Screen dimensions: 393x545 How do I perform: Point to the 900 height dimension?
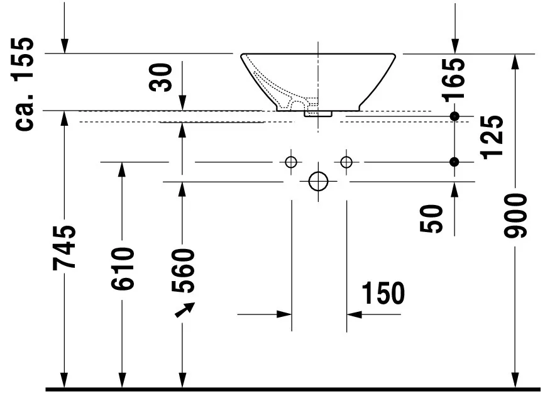point(516,216)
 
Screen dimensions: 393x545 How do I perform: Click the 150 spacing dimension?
point(382,293)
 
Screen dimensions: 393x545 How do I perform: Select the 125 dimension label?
point(493,136)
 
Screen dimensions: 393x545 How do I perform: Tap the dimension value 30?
point(163,77)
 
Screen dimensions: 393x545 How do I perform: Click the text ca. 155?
point(26,84)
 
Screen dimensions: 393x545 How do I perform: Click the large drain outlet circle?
point(319,182)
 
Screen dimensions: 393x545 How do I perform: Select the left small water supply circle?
point(290,162)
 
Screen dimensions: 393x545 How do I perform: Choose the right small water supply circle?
point(346,162)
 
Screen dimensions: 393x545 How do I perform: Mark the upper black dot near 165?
point(454,116)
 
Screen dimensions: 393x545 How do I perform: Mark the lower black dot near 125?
point(454,162)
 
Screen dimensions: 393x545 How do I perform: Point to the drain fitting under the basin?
point(318,113)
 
